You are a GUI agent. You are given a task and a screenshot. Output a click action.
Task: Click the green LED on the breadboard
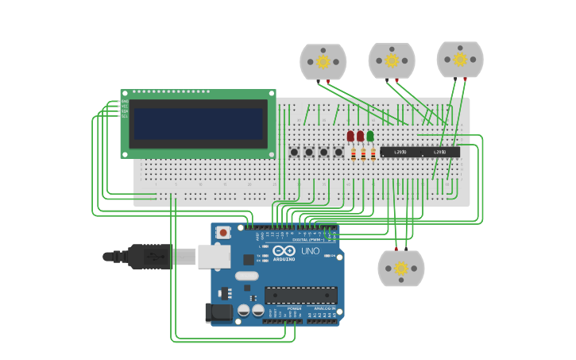[x=370, y=137]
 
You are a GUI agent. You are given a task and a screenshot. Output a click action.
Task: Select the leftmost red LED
[x=350, y=137]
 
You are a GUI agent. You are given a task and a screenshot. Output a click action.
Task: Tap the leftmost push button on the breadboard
[x=294, y=152]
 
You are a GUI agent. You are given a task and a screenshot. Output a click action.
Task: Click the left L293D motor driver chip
[x=400, y=152]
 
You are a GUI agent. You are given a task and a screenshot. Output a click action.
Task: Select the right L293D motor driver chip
[x=440, y=152]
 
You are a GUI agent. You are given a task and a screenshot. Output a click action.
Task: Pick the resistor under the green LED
[x=373, y=154]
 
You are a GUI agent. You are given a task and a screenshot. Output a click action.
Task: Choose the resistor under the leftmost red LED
[x=353, y=154]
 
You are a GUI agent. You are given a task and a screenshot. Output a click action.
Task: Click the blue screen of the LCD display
[x=198, y=124]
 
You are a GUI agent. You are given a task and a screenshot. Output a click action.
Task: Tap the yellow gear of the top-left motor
[x=323, y=61]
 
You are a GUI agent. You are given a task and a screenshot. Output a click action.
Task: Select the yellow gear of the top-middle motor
[x=392, y=60]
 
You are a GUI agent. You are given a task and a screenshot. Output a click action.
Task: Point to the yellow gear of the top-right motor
[x=460, y=59]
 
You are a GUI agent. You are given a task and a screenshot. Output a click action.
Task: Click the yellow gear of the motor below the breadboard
[x=401, y=269]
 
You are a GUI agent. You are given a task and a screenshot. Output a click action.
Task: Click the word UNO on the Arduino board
[x=310, y=252]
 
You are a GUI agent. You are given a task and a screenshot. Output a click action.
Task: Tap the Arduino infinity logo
[x=284, y=250]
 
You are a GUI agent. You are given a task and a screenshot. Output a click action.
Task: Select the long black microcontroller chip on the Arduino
[x=301, y=295]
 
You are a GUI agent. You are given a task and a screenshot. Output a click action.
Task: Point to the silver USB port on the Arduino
[x=213, y=256]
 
